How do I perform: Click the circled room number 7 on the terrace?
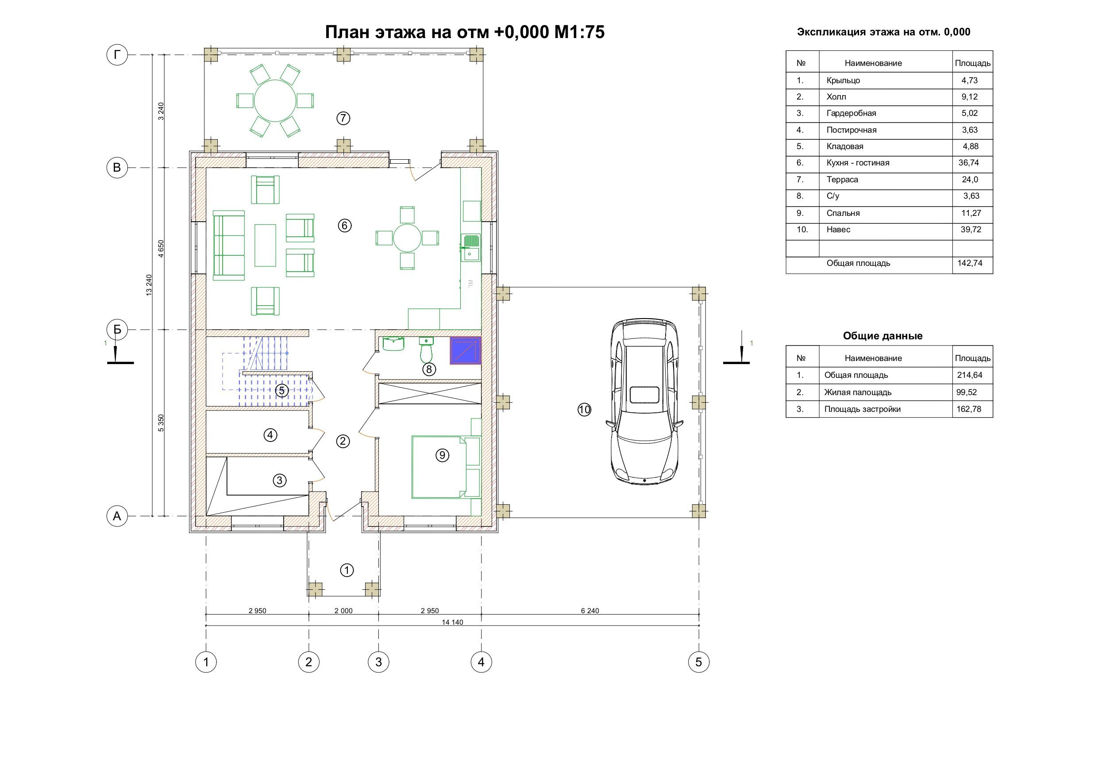click(x=343, y=118)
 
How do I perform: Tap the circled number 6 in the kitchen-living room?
click(x=344, y=225)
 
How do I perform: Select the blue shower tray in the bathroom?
click(x=465, y=351)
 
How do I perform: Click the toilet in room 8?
click(x=426, y=350)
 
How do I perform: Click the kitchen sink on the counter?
click(x=470, y=247)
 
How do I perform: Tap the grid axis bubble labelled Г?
click(x=117, y=55)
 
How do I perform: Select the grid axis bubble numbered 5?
click(x=699, y=662)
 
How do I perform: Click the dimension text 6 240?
click(x=589, y=611)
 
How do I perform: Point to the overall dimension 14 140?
click(x=452, y=622)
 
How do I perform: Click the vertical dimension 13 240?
click(x=149, y=285)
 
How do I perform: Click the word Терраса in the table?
click(x=842, y=180)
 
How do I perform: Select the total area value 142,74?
click(x=969, y=263)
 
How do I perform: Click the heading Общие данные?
click(x=882, y=336)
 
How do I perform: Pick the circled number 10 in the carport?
click(x=584, y=410)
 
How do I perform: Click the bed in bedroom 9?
click(x=439, y=467)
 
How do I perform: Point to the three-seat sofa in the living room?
click(x=229, y=245)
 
